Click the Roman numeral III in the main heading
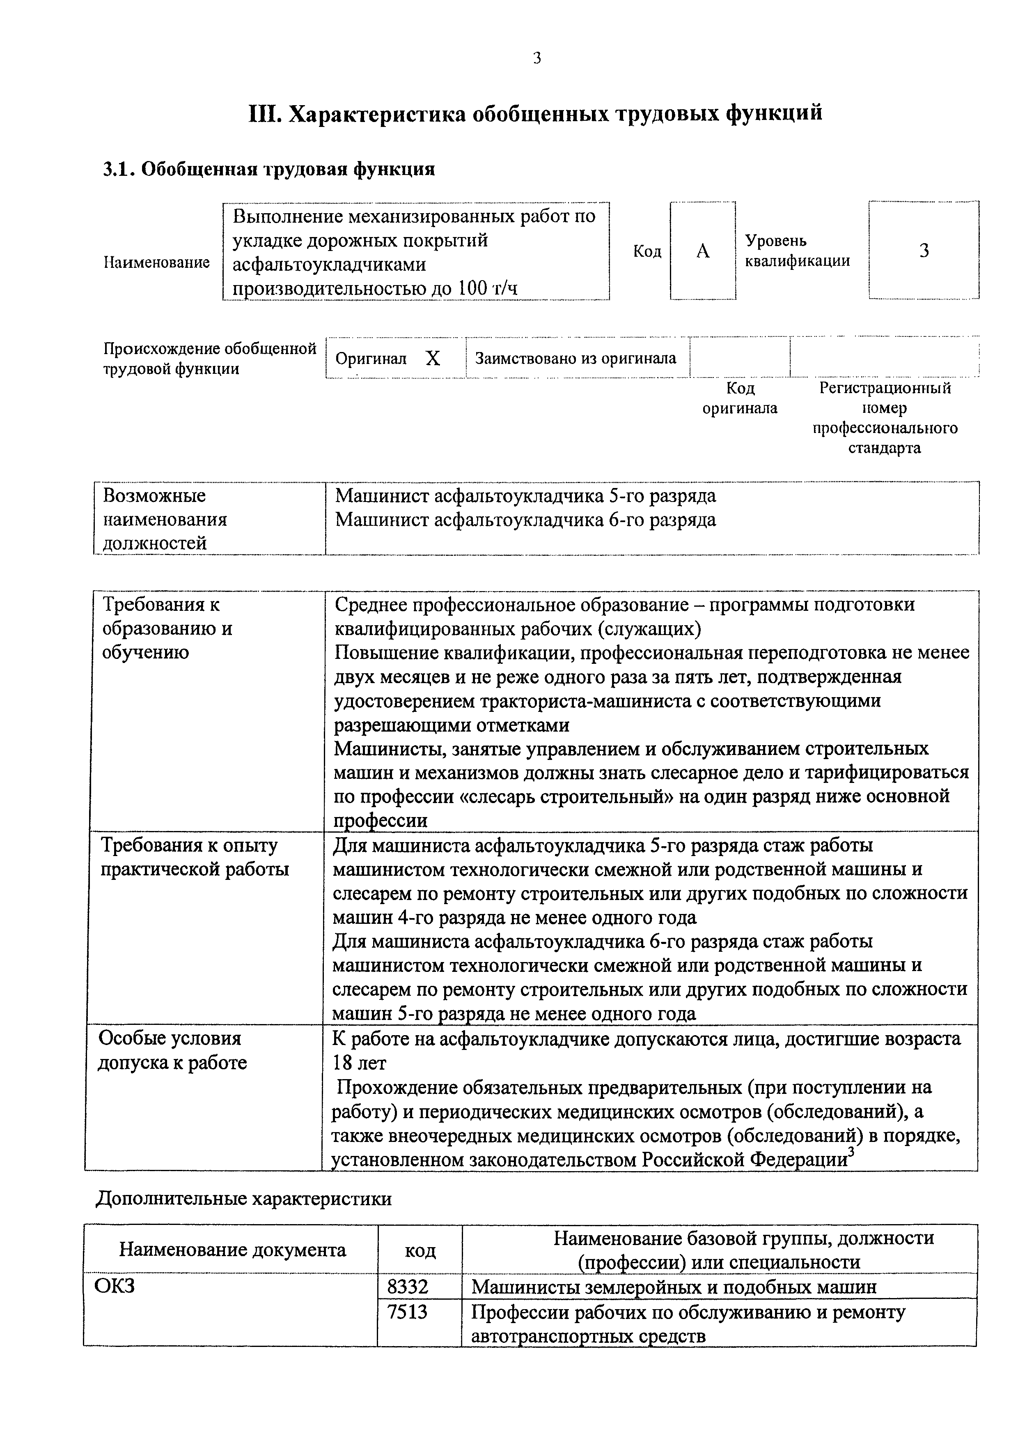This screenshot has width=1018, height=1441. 265,114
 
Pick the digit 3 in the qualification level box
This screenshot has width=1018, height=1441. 924,251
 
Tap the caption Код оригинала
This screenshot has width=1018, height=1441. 740,398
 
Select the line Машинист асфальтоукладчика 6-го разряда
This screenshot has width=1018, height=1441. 525,520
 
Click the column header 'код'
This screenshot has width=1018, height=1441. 420,1251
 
